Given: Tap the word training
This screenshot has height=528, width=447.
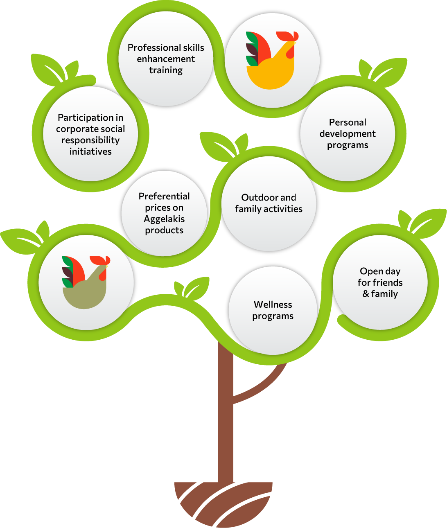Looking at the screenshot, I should [x=166, y=70].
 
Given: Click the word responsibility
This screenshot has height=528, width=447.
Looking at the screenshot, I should [x=90, y=140].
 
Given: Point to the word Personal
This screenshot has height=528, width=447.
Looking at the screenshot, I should [x=348, y=122].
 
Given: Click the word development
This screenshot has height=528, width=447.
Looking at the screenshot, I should [x=348, y=134].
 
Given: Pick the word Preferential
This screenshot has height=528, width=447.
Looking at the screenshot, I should [x=164, y=196].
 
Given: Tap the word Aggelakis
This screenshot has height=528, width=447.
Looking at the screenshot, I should [x=164, y=219].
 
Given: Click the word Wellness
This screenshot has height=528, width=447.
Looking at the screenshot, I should [x=273, y=305].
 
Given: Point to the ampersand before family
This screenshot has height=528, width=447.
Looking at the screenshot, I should [x=366, y=294].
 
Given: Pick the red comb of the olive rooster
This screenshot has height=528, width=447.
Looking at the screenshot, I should [x=98, y=260].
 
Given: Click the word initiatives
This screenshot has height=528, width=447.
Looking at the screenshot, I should [x=90, y=152].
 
